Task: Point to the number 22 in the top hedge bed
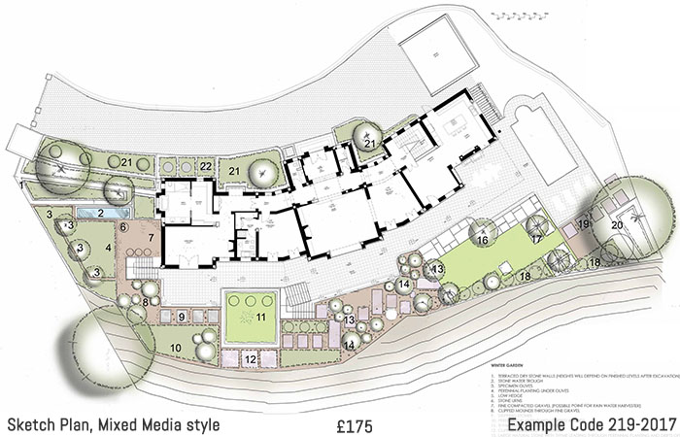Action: (206, 166)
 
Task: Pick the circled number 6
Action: (123, 227)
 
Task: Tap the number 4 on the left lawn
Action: (109, 249)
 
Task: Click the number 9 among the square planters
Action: (182, 318)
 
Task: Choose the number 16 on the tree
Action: (483, 240)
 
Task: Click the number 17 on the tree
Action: (535, 239)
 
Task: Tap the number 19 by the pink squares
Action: (584, 223)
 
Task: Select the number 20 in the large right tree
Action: (616, 223)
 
